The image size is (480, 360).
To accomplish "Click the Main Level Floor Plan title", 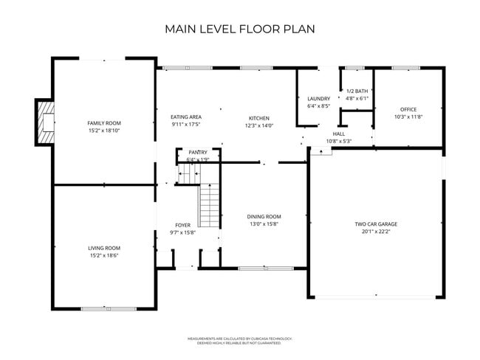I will [240, 30].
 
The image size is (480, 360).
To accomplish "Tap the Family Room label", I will [104, 122].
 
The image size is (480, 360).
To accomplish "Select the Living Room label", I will [104, 248].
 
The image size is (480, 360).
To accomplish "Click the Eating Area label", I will [186, 117].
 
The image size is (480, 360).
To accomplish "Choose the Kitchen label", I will [258, 118].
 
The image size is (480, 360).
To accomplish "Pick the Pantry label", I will [198, 152].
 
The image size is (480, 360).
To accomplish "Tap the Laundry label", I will [318, 98].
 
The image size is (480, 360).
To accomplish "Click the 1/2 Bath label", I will [357, 91].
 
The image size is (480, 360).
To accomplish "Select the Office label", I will [408, 109].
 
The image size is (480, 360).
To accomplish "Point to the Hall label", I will [339, 134].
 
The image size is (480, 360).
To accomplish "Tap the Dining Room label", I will [264, 216].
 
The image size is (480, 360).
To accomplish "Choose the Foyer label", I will [182, 225].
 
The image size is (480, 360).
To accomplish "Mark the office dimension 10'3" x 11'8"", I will [408, 117].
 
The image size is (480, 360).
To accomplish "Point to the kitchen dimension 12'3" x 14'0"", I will [258, 125].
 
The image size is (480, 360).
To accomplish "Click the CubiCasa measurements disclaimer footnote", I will [240, 339].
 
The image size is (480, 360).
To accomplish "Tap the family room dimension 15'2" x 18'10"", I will [104, 130].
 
